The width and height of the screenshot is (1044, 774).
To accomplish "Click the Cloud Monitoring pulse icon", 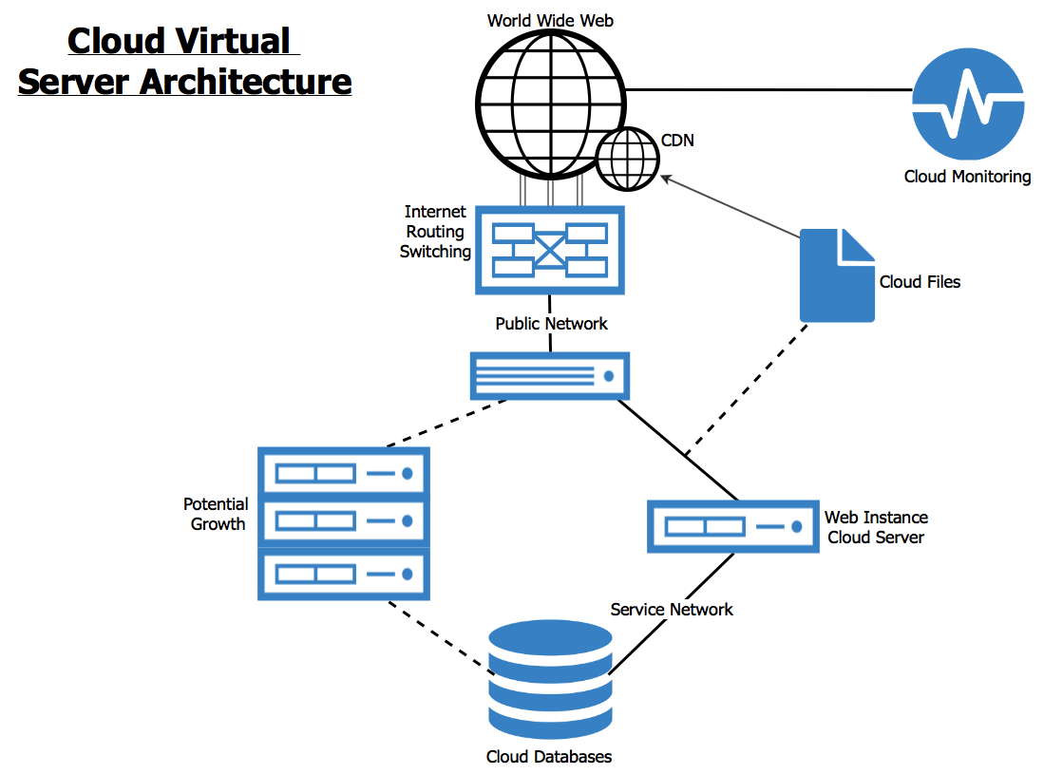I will (x=968, y=104).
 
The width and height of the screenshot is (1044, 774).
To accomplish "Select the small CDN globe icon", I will (x=627, y=158).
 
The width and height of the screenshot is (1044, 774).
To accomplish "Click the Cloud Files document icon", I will (x=837, y=275).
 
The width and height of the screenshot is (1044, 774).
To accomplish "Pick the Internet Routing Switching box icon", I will (x=550, y=251).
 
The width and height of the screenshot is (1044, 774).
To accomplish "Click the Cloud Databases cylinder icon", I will (x=550, y=680).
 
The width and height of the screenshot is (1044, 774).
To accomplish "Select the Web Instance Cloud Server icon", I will (x=732, y=526).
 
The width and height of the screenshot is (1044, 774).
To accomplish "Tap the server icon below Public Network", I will (x=550, y=375).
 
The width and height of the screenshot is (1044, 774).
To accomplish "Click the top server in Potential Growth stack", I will (x=344, y=472).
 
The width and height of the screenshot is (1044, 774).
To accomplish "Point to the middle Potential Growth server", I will (x=344, y=521).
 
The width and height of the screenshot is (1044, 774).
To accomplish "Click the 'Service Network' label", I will (x=672, y=610).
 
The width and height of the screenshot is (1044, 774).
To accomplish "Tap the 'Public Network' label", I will (x=551, y=324).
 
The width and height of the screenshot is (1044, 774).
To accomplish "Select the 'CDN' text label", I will (x=677, y=141).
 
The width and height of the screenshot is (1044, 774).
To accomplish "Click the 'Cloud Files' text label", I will (x=920, y=282).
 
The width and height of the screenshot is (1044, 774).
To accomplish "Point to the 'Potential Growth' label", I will (x=217, y=514).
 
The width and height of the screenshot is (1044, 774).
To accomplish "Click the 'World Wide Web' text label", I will (x=550, y=20).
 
